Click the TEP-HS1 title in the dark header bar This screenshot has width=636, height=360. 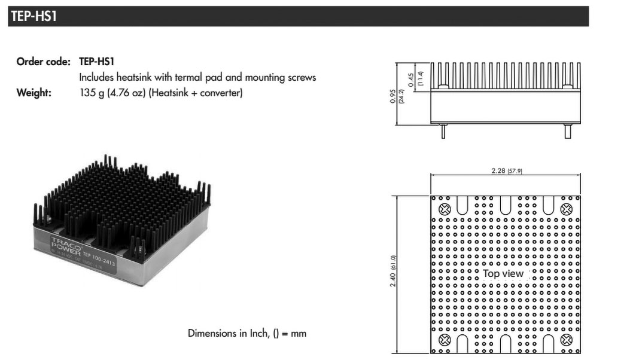tap(34, 17)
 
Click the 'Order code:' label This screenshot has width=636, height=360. tap(44, 62)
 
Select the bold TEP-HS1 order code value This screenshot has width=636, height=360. tap(96, 62)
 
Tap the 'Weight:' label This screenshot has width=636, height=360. tap(34, 93)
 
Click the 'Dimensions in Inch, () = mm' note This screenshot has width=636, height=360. tap(247, 333)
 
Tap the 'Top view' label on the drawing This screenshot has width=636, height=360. tap(503, 273)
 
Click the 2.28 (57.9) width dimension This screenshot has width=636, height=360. tap(505, 172)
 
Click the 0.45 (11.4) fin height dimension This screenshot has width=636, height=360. tap(414, 80)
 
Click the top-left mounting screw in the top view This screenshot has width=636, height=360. tap(445, 210)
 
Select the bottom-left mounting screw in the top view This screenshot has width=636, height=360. tap(445, 341)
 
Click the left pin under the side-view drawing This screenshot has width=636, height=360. tap(443, 132)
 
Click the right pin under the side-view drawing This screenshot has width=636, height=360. tap(568, 132)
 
